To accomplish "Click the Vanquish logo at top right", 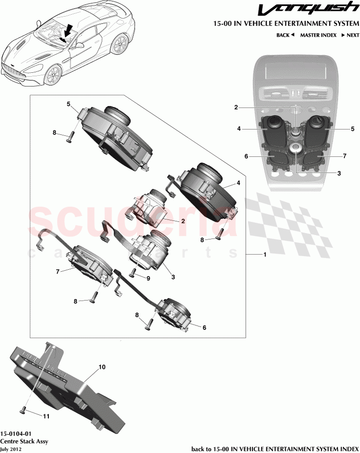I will [x=308, y=9].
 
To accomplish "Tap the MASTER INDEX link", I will [x=318, y=35].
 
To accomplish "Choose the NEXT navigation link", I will [x=350, y=35].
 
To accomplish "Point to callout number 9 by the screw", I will [x=148, y=278].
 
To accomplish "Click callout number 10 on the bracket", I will [x=102, y=366].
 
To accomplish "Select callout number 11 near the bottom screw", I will [x=46, y=416].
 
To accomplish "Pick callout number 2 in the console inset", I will [x=236, y=107].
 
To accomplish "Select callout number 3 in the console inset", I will [x=339, y=173].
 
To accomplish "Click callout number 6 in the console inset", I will [x=247, y=156].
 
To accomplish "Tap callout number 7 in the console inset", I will [x=344, y=156].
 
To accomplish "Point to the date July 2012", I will [x=11, y=449].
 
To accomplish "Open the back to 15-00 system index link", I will [x=274, y=449].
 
